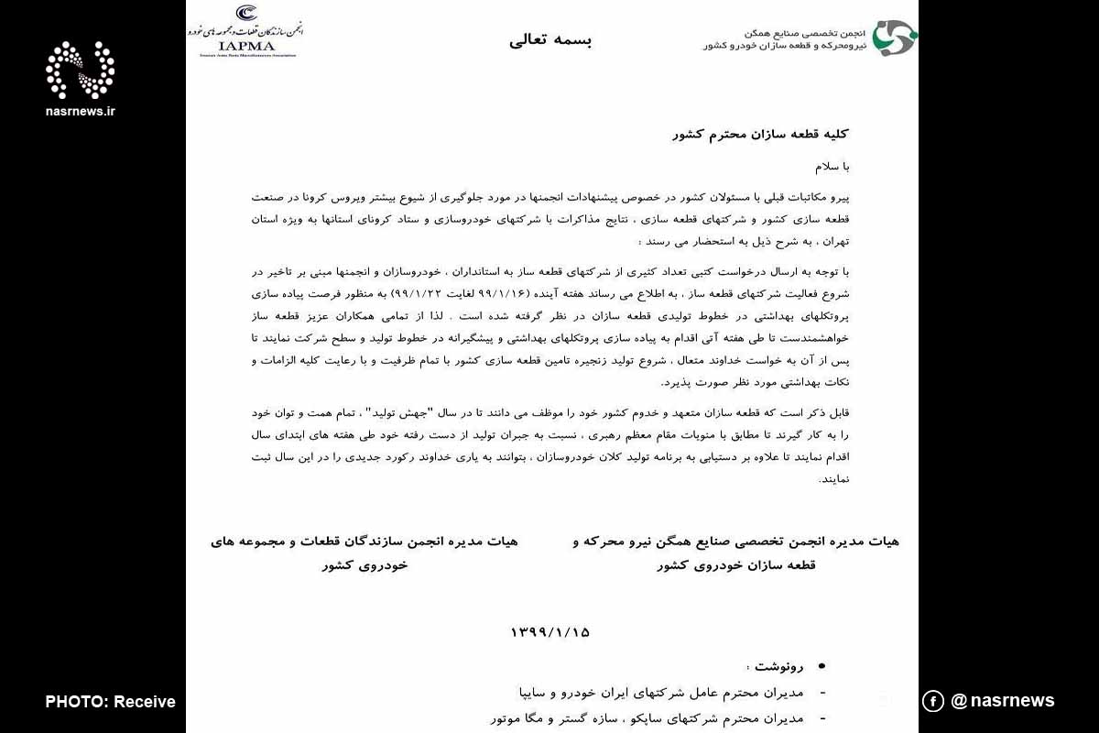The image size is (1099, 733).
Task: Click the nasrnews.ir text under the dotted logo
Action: point(81,111)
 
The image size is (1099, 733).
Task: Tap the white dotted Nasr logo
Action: point(81,71)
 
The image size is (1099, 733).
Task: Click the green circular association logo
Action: point(893,38)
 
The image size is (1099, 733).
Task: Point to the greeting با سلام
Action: point(833,167)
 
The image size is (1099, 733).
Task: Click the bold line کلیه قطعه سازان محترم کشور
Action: point(761,134)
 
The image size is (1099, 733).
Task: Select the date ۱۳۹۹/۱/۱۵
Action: point(550,632)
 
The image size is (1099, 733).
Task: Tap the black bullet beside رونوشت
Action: point(821,666)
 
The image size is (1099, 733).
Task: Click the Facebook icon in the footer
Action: point(932,701)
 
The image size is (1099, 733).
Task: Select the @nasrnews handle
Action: point(1003,701)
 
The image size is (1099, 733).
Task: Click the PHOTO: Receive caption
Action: point(110,702)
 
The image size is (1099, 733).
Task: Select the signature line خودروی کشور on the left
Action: point(365,565)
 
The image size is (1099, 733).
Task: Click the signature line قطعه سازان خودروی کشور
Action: point(735,565)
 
